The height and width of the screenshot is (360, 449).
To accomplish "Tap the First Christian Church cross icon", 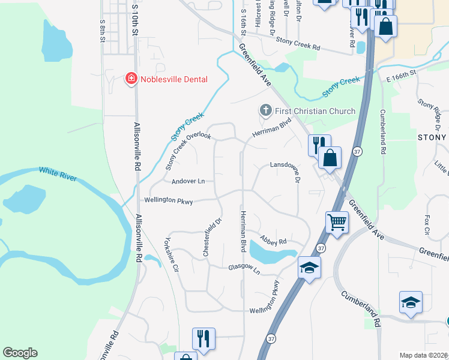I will pyautogui.click(x=265, y=110).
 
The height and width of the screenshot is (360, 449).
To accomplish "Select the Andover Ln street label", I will pyautogui.click(x=188, y=181).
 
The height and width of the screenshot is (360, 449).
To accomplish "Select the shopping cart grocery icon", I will pyautogui.click(x=337, y=222).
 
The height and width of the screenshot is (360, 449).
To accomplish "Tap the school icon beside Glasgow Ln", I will pyautogui.click(x=309, y=267).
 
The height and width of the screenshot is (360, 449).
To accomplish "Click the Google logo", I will pyautogui.click(x=20, y=353).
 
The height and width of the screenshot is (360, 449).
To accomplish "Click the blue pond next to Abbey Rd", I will pyautogui.click(x=270, y=252).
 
